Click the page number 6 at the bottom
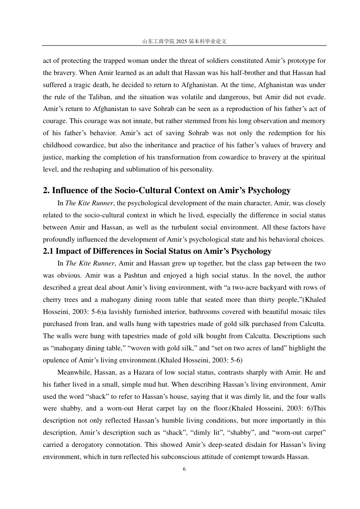click(184, 469)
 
